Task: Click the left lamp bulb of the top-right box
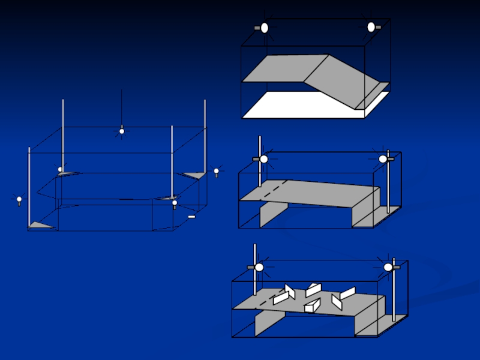point(265,28)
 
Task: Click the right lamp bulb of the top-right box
point(371,27)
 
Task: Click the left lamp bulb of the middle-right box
point(263,159)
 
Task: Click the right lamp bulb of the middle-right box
point(383,159)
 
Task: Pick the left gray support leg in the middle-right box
point(273,213)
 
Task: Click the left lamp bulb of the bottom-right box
point(259,267)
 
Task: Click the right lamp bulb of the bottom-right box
point(388,267)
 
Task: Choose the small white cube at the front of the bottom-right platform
point(310,308)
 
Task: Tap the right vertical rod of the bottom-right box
point(394,294)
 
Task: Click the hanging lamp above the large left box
point(122,131)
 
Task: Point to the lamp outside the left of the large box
point(19,199)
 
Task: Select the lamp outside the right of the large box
point(216,172)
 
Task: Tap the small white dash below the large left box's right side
point(191,217)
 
